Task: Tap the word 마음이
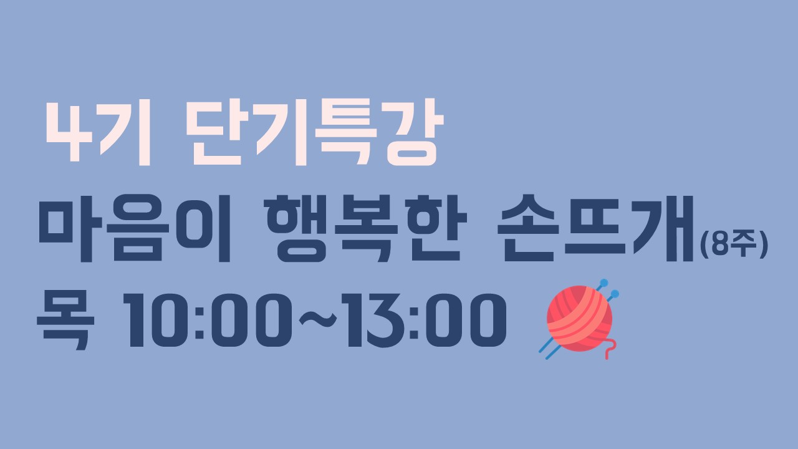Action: tap(135, 229)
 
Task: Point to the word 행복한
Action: tap(365, 228)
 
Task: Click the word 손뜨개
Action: tap(595, 228)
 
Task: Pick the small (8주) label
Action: tap(734, 245)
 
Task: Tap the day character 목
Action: tap(66, 320)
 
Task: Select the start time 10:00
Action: tap(208, 320)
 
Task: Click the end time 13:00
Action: tap(423, 320)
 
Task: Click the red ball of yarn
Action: tap(580, 318)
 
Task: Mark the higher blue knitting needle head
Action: tap(604, 282)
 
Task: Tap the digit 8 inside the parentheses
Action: tap(720, 245)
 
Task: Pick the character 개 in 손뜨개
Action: tap(663, 228)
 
